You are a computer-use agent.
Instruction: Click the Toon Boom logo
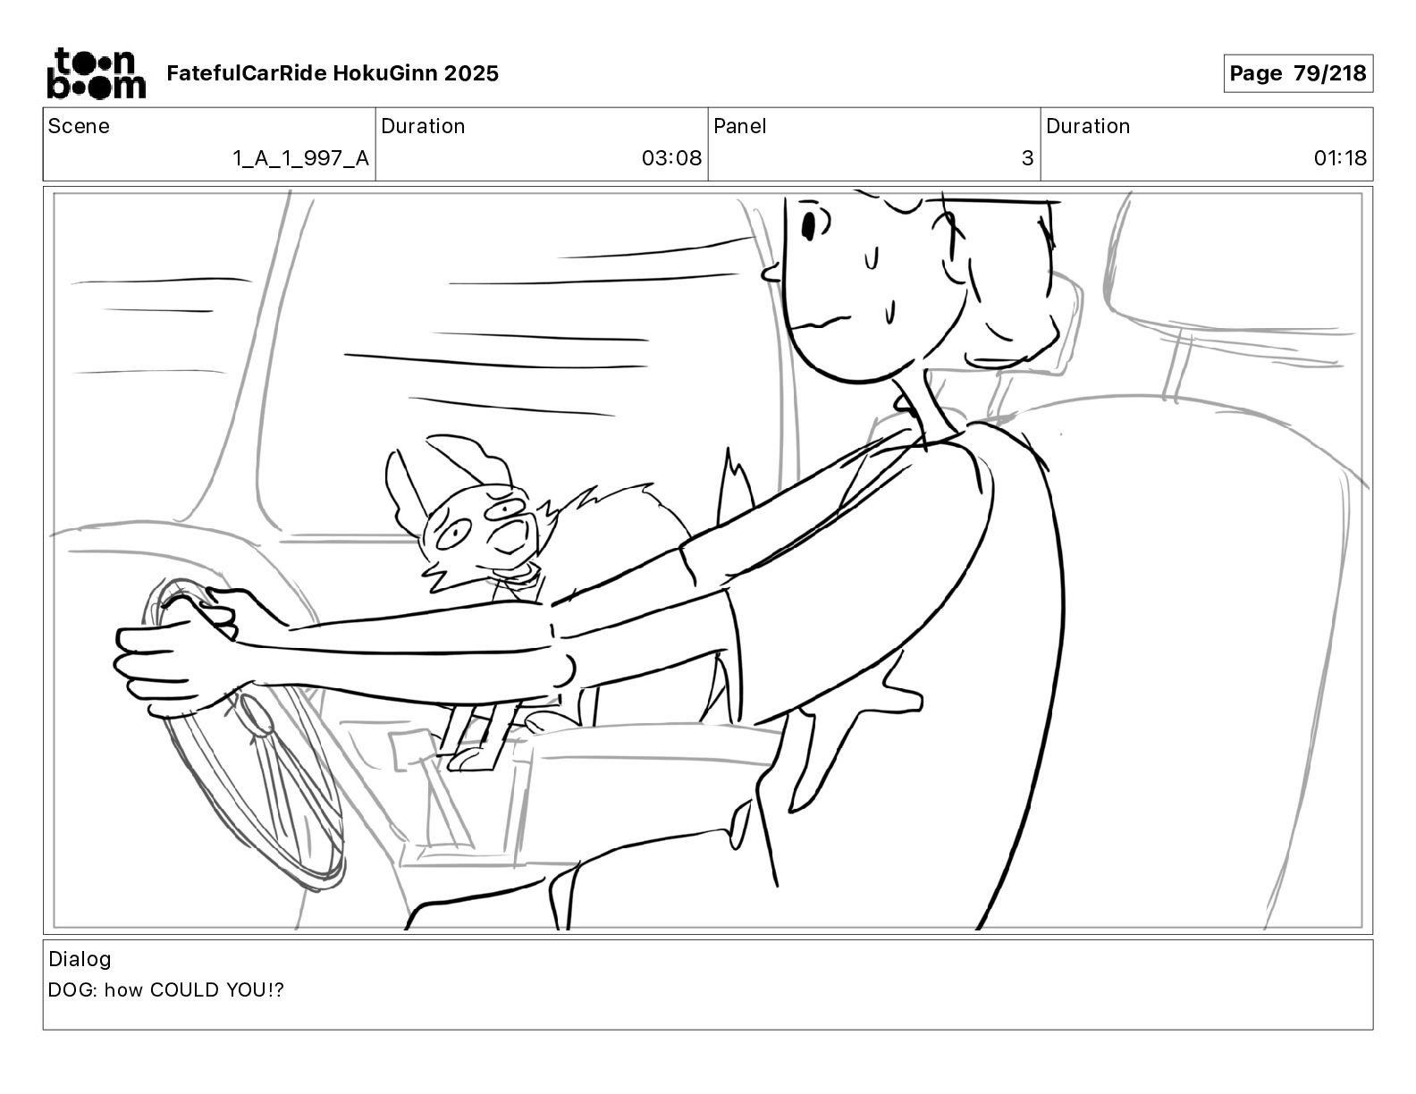97,73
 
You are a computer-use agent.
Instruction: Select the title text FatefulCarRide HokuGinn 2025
333,73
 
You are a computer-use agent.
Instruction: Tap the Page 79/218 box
1297,73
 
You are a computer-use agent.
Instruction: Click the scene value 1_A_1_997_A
301,157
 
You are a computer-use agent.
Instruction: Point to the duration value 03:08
671,157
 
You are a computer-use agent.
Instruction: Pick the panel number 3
1027,157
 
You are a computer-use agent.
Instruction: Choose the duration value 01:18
1340,157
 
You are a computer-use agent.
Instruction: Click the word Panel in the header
739,126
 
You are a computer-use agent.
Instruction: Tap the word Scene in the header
79,126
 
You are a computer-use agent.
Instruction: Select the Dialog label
80,959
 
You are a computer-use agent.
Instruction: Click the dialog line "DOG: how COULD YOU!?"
166,989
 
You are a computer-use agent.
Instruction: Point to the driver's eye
809,225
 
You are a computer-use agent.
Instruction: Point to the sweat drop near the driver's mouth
889,314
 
